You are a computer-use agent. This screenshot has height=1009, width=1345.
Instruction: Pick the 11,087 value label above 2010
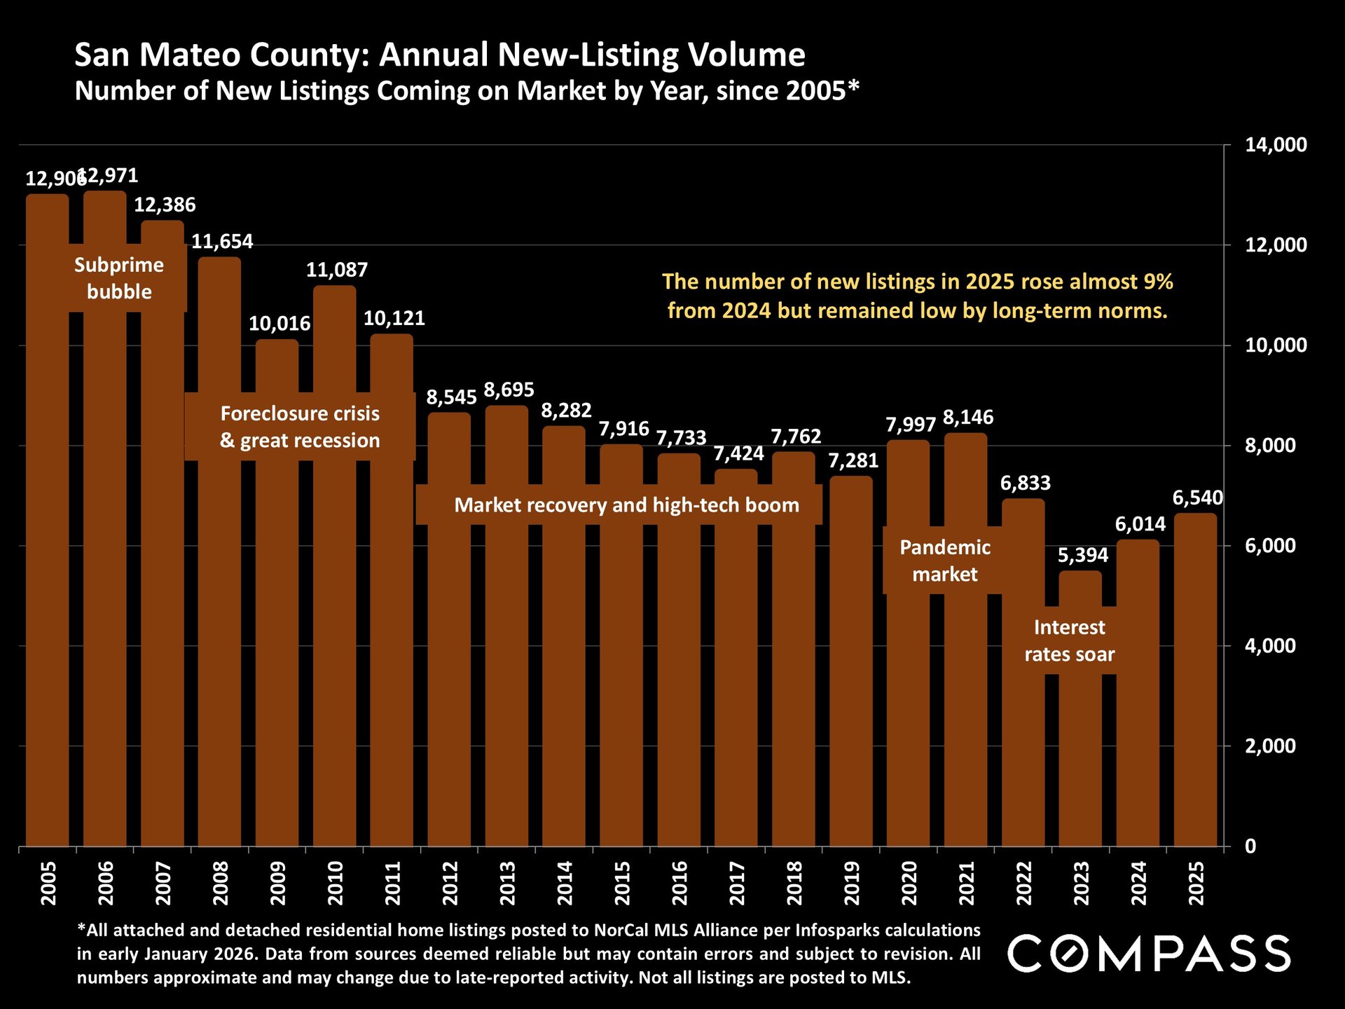337,270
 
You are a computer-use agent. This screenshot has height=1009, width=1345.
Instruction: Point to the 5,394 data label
1083,555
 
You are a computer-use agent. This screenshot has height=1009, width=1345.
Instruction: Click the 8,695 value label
509,390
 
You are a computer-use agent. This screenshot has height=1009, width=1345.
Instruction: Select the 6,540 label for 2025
1198,498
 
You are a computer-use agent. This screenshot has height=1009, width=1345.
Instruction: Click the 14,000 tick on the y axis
1276,145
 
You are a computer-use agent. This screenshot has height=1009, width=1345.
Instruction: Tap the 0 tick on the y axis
1250,846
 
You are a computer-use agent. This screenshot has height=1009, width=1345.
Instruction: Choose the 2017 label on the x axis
737,883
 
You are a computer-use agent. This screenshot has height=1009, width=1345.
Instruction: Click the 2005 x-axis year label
48,883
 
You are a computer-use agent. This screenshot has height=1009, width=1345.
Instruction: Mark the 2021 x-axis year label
967,883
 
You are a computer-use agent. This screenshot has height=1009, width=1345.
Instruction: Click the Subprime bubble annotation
119,278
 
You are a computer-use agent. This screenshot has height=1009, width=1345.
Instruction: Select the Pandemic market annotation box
945,561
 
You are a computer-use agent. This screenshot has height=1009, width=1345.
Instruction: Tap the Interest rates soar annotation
1069,640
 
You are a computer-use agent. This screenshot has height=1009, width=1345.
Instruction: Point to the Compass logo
1149,954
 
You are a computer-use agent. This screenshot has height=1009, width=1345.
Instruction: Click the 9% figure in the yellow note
1158,282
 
